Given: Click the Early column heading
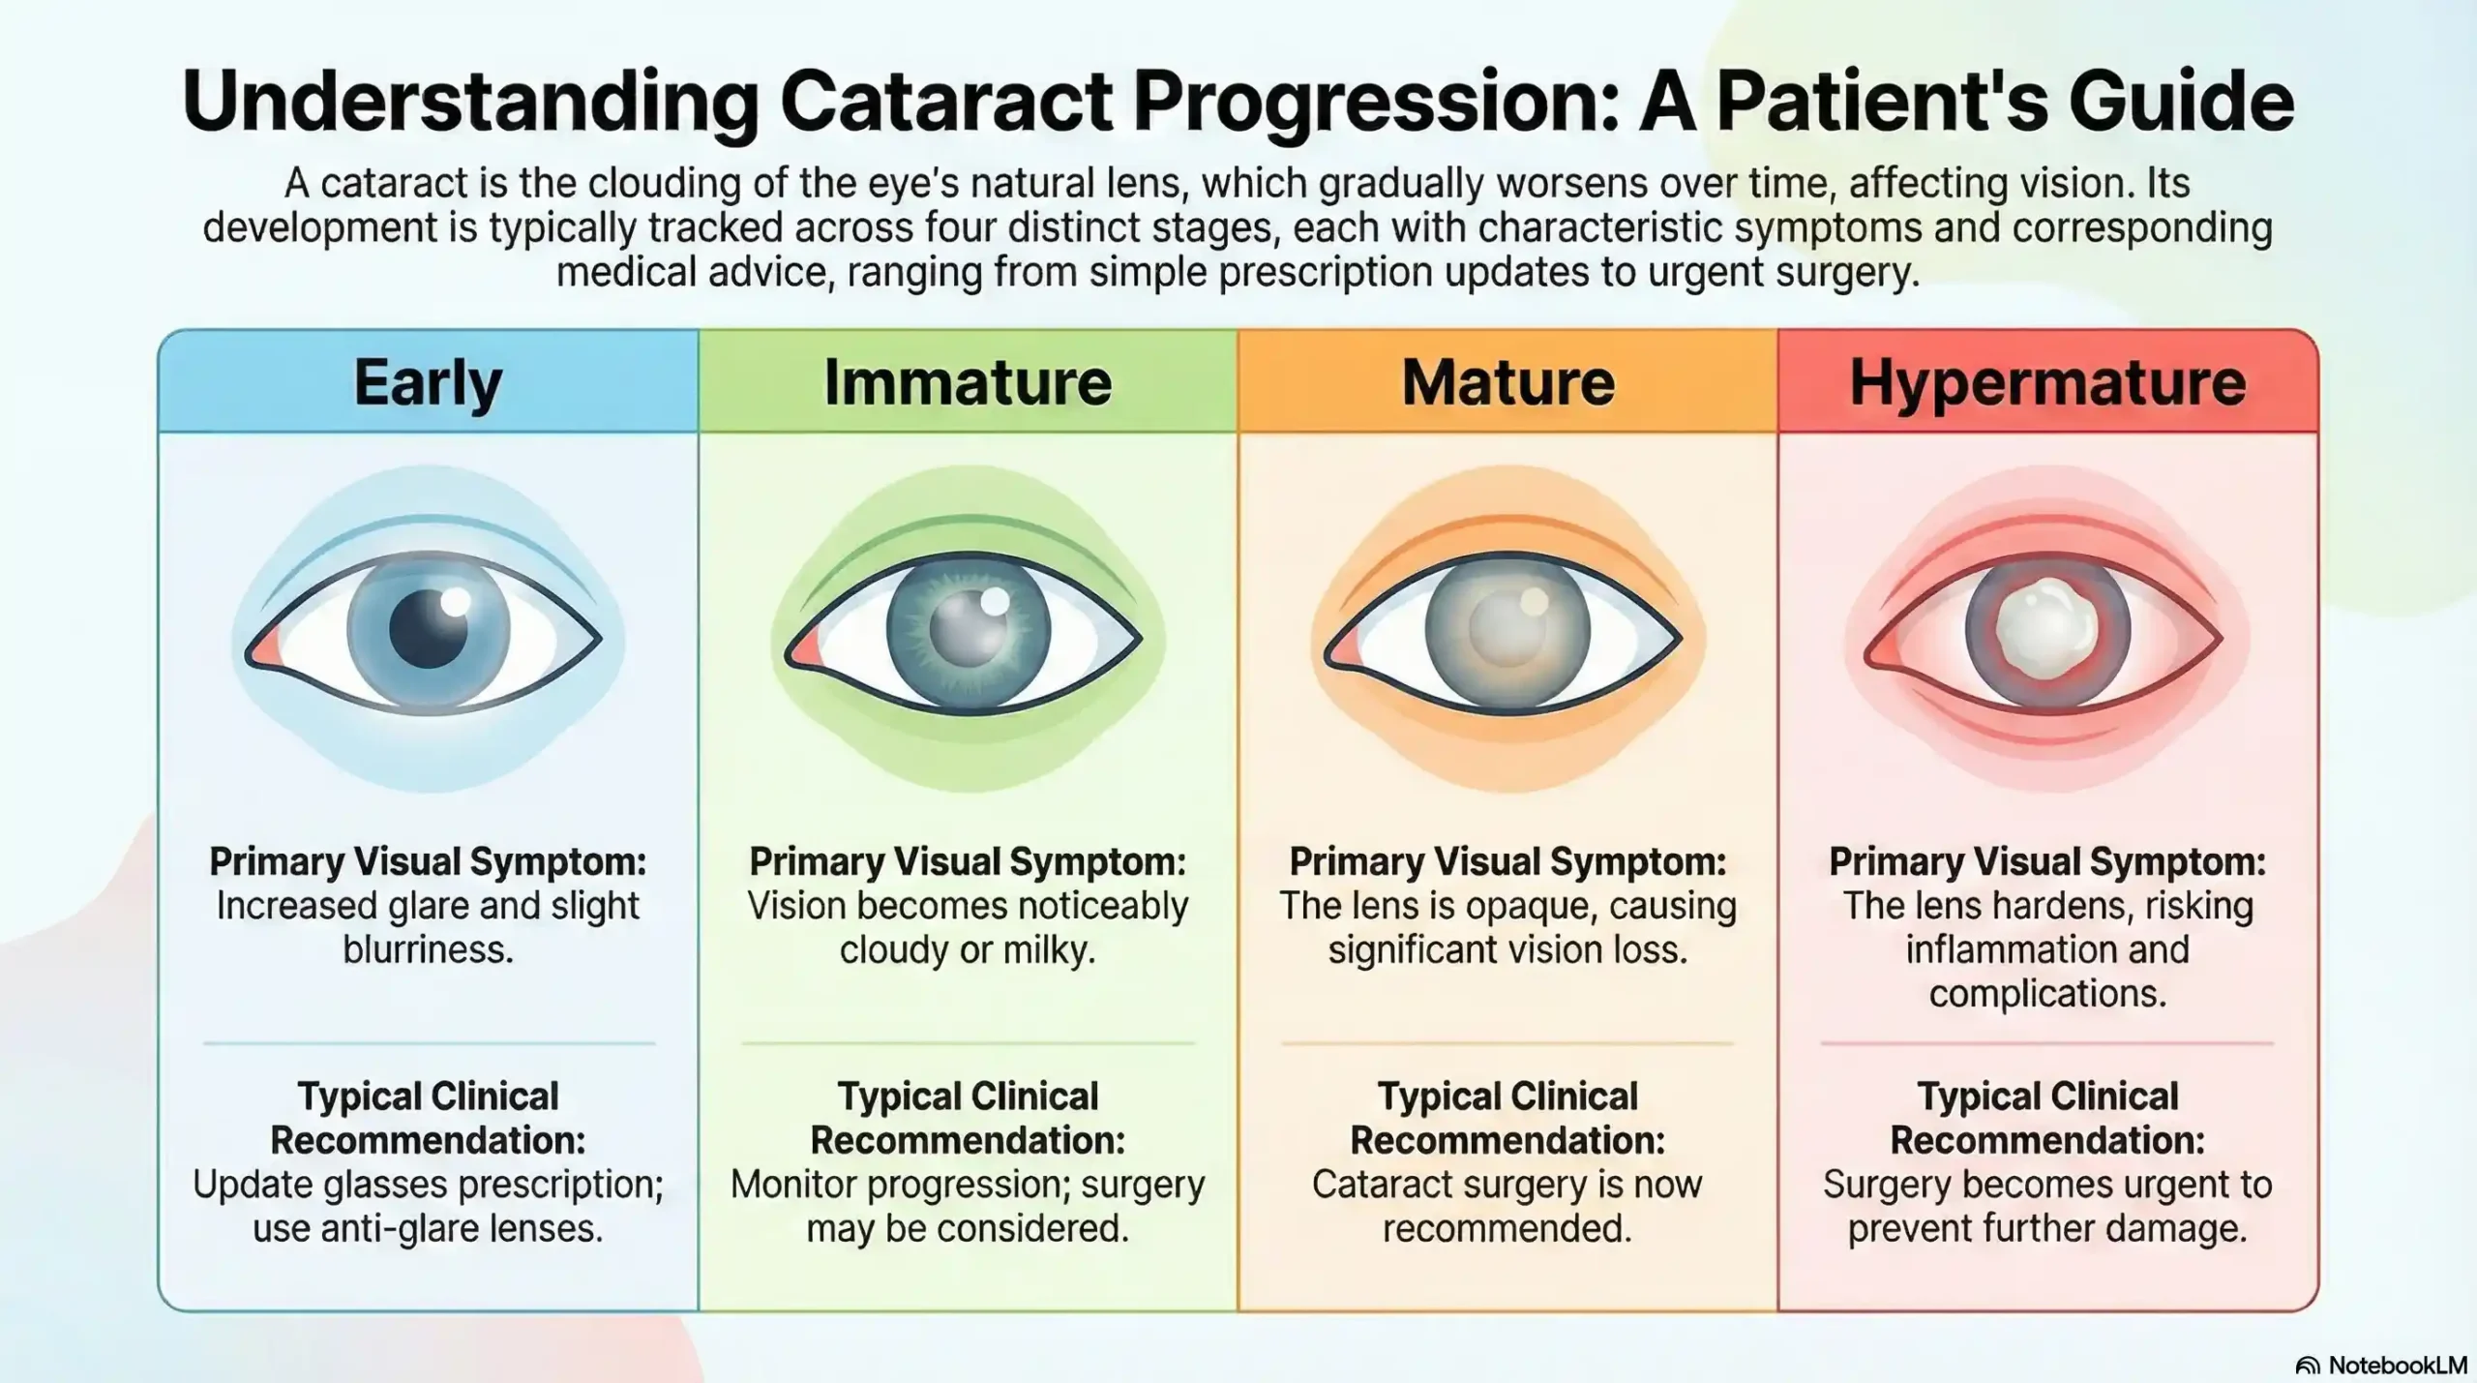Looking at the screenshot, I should [428, 383].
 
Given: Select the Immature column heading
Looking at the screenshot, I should [968, 383].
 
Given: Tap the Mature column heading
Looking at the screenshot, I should [1507, 383].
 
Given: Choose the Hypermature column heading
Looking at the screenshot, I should [2047, 383].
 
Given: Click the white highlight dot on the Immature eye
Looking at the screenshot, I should [995, 601].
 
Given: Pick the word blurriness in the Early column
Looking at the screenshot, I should [428, 949].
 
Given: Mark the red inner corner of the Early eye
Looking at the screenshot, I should [264, 646].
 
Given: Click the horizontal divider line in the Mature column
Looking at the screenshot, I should [1507, 1043].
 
